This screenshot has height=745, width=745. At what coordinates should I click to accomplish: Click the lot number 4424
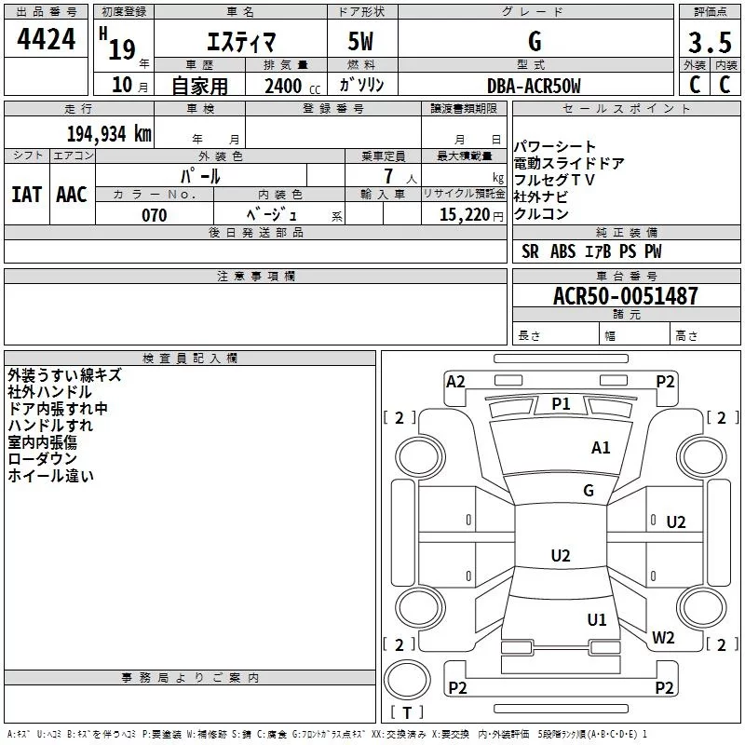pos(47,40)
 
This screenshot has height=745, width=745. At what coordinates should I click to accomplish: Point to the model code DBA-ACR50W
pos(534,87)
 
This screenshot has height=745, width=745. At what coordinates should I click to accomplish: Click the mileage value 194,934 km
pos(109,133)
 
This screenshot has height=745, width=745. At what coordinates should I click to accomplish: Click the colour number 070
pos(154,215)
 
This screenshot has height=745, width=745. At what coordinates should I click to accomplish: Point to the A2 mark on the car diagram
pos(455,381)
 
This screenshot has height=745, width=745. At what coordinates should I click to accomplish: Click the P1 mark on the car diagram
pos(561,403)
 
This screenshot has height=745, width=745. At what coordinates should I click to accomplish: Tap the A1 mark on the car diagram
pos(601,448)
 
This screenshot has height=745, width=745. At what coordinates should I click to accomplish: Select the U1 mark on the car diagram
pos(597,619)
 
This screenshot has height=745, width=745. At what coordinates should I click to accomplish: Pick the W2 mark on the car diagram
pos(663,638)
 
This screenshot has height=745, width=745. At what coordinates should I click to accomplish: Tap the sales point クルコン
pos(541,214)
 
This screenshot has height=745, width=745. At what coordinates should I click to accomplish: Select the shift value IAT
pos(26,195)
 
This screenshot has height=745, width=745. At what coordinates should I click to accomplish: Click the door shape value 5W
pos(361,43)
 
